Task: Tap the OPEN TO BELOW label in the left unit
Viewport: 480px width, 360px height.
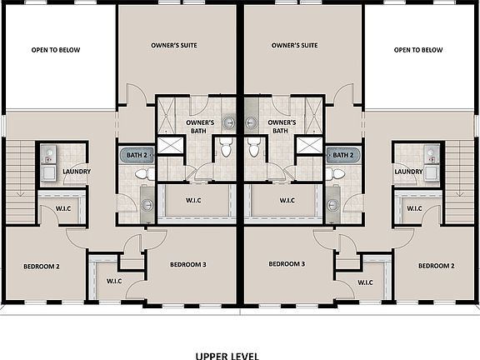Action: pos(56,50)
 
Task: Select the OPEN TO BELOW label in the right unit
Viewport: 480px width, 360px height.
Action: pos(418,50)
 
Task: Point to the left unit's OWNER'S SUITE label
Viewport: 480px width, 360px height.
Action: pos(173,45)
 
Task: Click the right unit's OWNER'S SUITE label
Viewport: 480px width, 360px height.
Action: pos(294,45)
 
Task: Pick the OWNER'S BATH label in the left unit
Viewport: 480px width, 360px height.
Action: pos(200,126)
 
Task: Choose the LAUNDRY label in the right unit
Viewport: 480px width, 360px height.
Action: pos(408,172)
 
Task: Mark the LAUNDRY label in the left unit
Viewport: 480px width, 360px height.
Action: pos(76,172)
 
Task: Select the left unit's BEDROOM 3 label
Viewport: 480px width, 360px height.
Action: pos(187,264)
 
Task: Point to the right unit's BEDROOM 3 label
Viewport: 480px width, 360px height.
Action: pos(287,264)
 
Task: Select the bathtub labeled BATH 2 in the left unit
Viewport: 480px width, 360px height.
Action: pos(136,155)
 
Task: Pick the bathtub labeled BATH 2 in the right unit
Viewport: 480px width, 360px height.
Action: pos(342,155)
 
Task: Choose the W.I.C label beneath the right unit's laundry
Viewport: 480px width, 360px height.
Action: pos(412,208)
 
